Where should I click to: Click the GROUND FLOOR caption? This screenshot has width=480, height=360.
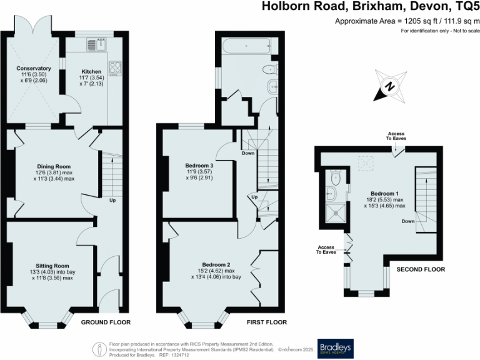(x=106, y=322)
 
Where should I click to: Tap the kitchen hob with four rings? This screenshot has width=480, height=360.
(x=116, y=66)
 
